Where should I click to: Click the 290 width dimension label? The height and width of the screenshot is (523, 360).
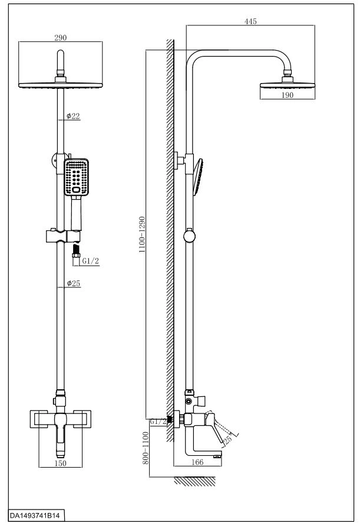point(60,38)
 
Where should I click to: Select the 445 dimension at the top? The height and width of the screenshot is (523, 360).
point(250,21)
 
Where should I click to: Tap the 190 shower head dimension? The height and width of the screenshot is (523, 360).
point(288,95)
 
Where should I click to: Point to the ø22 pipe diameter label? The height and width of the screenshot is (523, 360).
point(73,116)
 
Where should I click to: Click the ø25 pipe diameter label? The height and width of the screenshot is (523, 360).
point(74,283)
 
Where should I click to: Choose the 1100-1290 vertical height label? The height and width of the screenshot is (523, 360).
point(143,234)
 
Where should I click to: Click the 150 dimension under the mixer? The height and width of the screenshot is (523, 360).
point(60,464)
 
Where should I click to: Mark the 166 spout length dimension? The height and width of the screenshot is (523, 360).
point(197,462)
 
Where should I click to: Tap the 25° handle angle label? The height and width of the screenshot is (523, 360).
point(229,438)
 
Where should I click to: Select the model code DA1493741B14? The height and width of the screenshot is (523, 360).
point(32,515)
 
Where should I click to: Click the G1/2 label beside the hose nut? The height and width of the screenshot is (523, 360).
point(91,261)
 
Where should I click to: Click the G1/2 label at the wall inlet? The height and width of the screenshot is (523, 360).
point(158,421)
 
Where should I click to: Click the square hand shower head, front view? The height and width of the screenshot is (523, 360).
point(77,177)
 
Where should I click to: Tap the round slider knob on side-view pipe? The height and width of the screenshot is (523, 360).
point(189,237)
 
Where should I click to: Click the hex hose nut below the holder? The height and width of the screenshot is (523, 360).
point(77,256)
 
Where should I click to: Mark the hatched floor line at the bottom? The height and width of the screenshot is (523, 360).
point(194,481)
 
